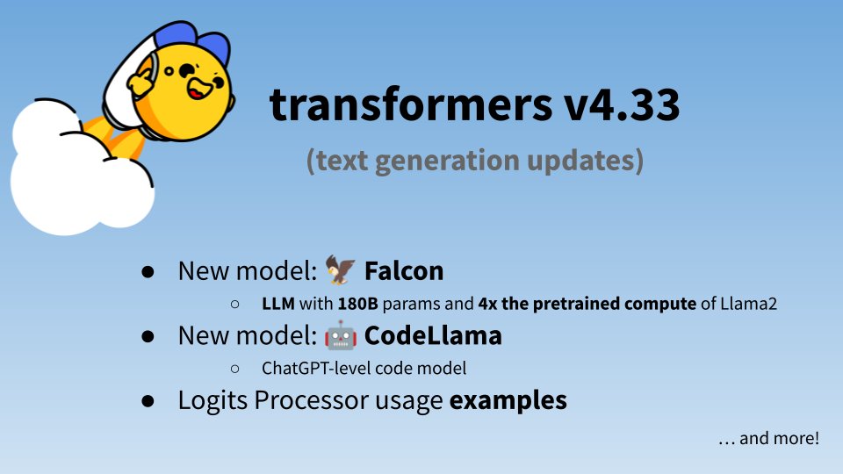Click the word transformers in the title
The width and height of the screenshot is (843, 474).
[x=411, y=104]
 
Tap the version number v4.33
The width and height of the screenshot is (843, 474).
[x=622, y=104]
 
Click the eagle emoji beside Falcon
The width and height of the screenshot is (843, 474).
[x=341, y=269]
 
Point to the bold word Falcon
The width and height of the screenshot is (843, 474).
[x=404, y=271]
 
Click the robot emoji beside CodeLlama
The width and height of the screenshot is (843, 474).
[x=341, y=335]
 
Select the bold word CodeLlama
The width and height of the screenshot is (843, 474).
[x=433, y=336]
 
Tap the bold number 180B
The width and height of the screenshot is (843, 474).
[x=358, y=304]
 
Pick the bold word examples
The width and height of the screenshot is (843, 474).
[x=508, y=401]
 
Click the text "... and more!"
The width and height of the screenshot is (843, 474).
[x=769, y=439]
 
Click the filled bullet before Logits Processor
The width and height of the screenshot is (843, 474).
[x=148, y=401]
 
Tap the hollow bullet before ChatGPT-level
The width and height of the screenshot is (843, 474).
[x=235, y=369]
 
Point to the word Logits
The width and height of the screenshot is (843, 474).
[x=213, y=401]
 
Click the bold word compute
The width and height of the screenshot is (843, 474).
[x=660, y=305]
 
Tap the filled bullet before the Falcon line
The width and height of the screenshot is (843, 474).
[x=148, y=271]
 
